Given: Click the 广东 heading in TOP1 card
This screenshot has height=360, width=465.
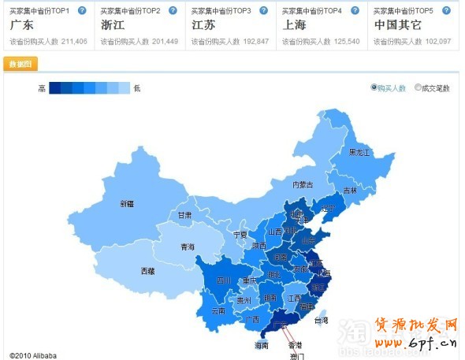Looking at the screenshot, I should [x=21, y=25].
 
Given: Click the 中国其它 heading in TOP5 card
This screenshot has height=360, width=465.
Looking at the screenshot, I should [x=397, y=25].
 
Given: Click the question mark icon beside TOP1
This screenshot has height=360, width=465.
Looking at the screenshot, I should [x=82, y=10].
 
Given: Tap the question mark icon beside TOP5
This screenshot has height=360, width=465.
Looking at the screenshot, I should [x=446, y=10].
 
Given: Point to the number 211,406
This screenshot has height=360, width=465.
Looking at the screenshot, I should [x=73, y=41].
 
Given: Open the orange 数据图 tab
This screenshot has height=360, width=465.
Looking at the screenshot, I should [x=20, y=65].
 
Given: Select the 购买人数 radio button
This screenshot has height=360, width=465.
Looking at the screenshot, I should [x=374, y=88].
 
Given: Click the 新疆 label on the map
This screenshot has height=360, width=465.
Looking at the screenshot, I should [x=127, y=204].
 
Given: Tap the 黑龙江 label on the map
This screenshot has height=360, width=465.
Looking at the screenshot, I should [x=359, y=151].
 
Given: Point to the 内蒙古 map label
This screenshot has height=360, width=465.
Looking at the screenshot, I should [x=303, y=185].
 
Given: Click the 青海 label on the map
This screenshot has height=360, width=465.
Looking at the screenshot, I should [x=187, y=247].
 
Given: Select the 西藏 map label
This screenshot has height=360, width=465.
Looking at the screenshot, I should [x=148, y=271].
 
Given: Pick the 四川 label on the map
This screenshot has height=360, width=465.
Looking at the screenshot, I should [x=223, y=280].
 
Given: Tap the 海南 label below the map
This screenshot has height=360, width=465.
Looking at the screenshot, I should [x=262, y=345].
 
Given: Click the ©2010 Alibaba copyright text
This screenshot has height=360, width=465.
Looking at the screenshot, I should [x=34, y=355].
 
